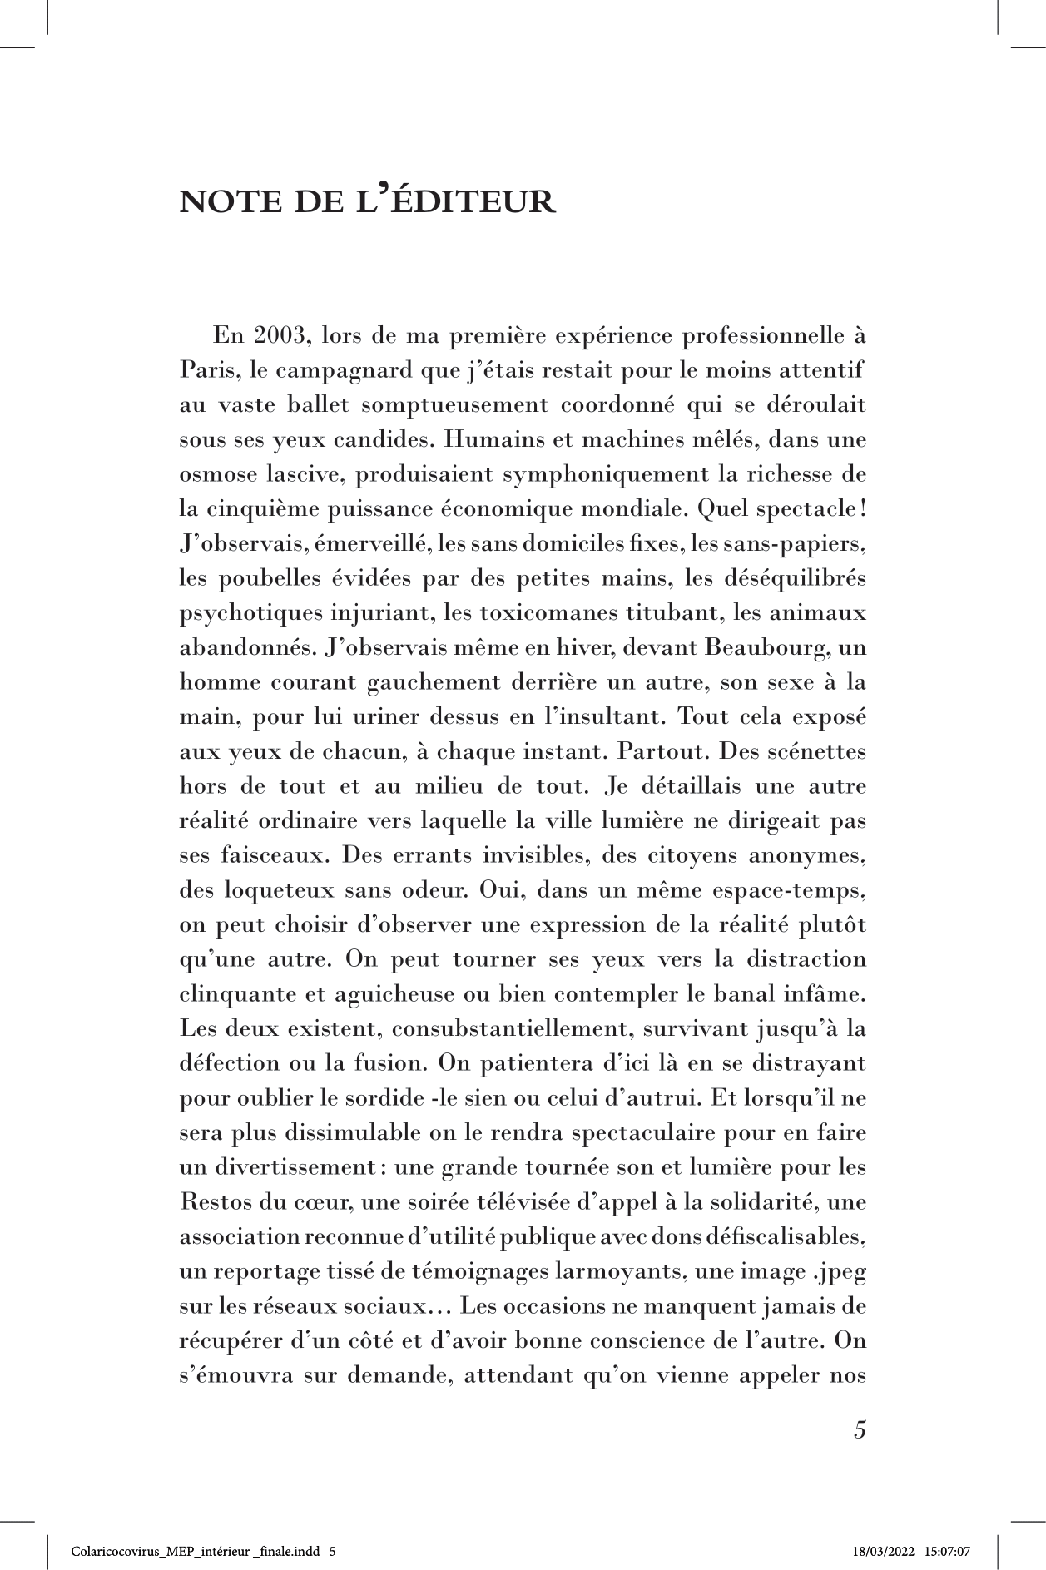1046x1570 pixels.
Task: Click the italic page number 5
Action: point(860,1431)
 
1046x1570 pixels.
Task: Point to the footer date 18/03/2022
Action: point(884,1552)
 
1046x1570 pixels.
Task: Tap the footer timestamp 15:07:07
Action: point(949,1552)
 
